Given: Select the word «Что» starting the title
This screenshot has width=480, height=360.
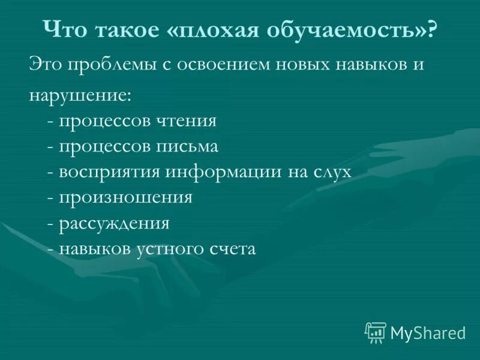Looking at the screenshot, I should [x=62, y=29].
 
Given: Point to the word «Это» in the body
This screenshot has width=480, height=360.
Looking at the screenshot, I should [x=46, y=65].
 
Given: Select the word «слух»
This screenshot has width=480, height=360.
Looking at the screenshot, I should [x=331, y=172].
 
